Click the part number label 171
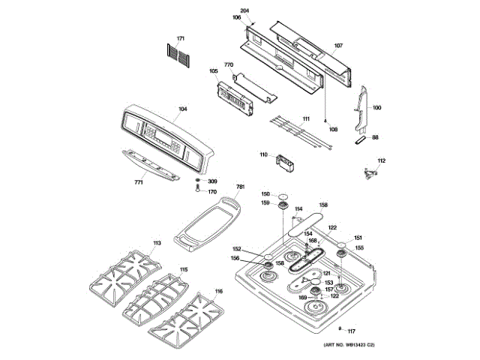point(180,38)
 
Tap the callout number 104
point(181,110)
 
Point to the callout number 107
point(338,46)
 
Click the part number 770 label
point(229,65)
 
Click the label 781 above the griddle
point(241,187)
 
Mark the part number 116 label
point(218,291)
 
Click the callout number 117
point(351,331)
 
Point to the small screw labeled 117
point(340,329)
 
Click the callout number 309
point(212,181)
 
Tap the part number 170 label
point(212,191)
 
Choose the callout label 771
point(138,182)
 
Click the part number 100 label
point(376,108)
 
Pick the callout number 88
point(376,137)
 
